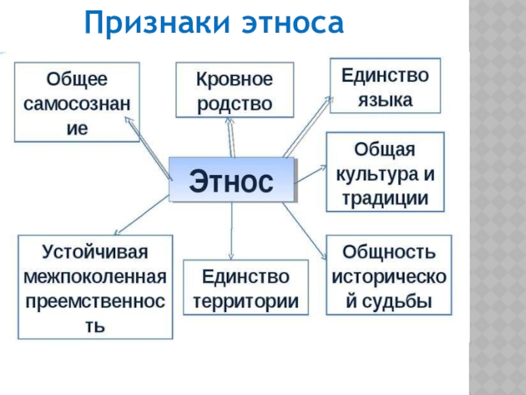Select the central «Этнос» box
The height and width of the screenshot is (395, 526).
pos(231,180)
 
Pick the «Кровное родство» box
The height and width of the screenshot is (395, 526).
pos(233,92)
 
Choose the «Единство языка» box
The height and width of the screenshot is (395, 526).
pos(385,86)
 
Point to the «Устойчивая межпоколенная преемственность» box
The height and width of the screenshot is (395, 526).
pos(96,287)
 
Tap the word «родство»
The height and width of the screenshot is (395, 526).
pos(234,104)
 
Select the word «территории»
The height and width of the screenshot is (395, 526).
pos(246,300)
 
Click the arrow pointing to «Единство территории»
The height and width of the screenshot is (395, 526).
pos(231,230)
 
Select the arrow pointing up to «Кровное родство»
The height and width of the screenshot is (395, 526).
pos(231,138)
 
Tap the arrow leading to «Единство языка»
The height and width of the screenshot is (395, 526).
pos(309,125)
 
